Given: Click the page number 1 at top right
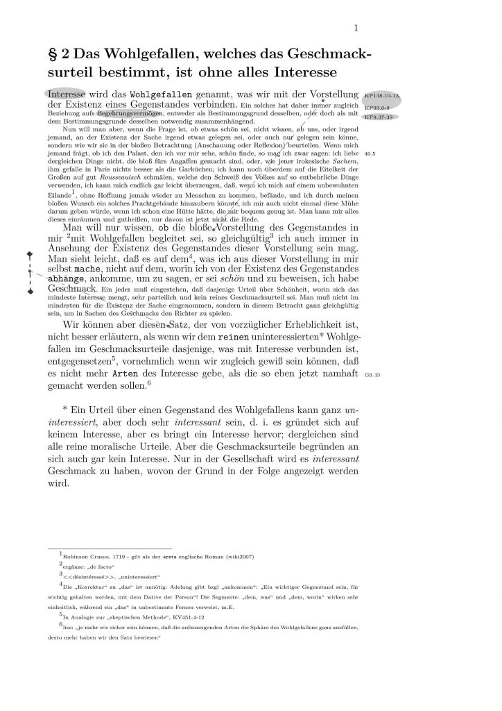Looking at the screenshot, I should pos(354,28).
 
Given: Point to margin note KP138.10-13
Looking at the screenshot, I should pos(382,94).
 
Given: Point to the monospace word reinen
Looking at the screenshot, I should pos(234,336).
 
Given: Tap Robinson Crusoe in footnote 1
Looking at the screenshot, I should pos(86,555).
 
